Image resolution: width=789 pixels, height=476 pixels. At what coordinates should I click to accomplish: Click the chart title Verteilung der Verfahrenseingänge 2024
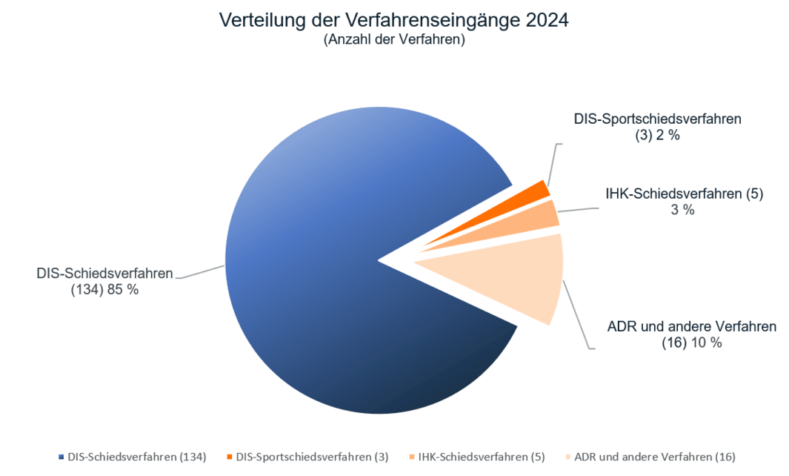[x=393, y=20]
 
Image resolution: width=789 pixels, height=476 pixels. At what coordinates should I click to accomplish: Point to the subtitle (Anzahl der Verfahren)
[x=393, y=41]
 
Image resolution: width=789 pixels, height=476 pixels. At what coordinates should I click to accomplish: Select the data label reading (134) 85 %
[x=104, y=290]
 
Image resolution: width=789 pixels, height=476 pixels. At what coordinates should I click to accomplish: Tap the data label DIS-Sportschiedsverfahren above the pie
[x=657, y=119]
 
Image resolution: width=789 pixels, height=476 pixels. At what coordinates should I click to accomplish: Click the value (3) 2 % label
[x=657, y=136]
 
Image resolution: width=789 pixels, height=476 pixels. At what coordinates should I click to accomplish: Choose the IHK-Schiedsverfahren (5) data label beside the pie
[x=684, y=194]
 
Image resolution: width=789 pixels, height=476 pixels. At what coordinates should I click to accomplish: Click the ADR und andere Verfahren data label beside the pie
[x=691, y=326]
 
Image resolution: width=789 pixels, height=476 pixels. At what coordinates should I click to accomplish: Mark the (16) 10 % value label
[x=691, y=343]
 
